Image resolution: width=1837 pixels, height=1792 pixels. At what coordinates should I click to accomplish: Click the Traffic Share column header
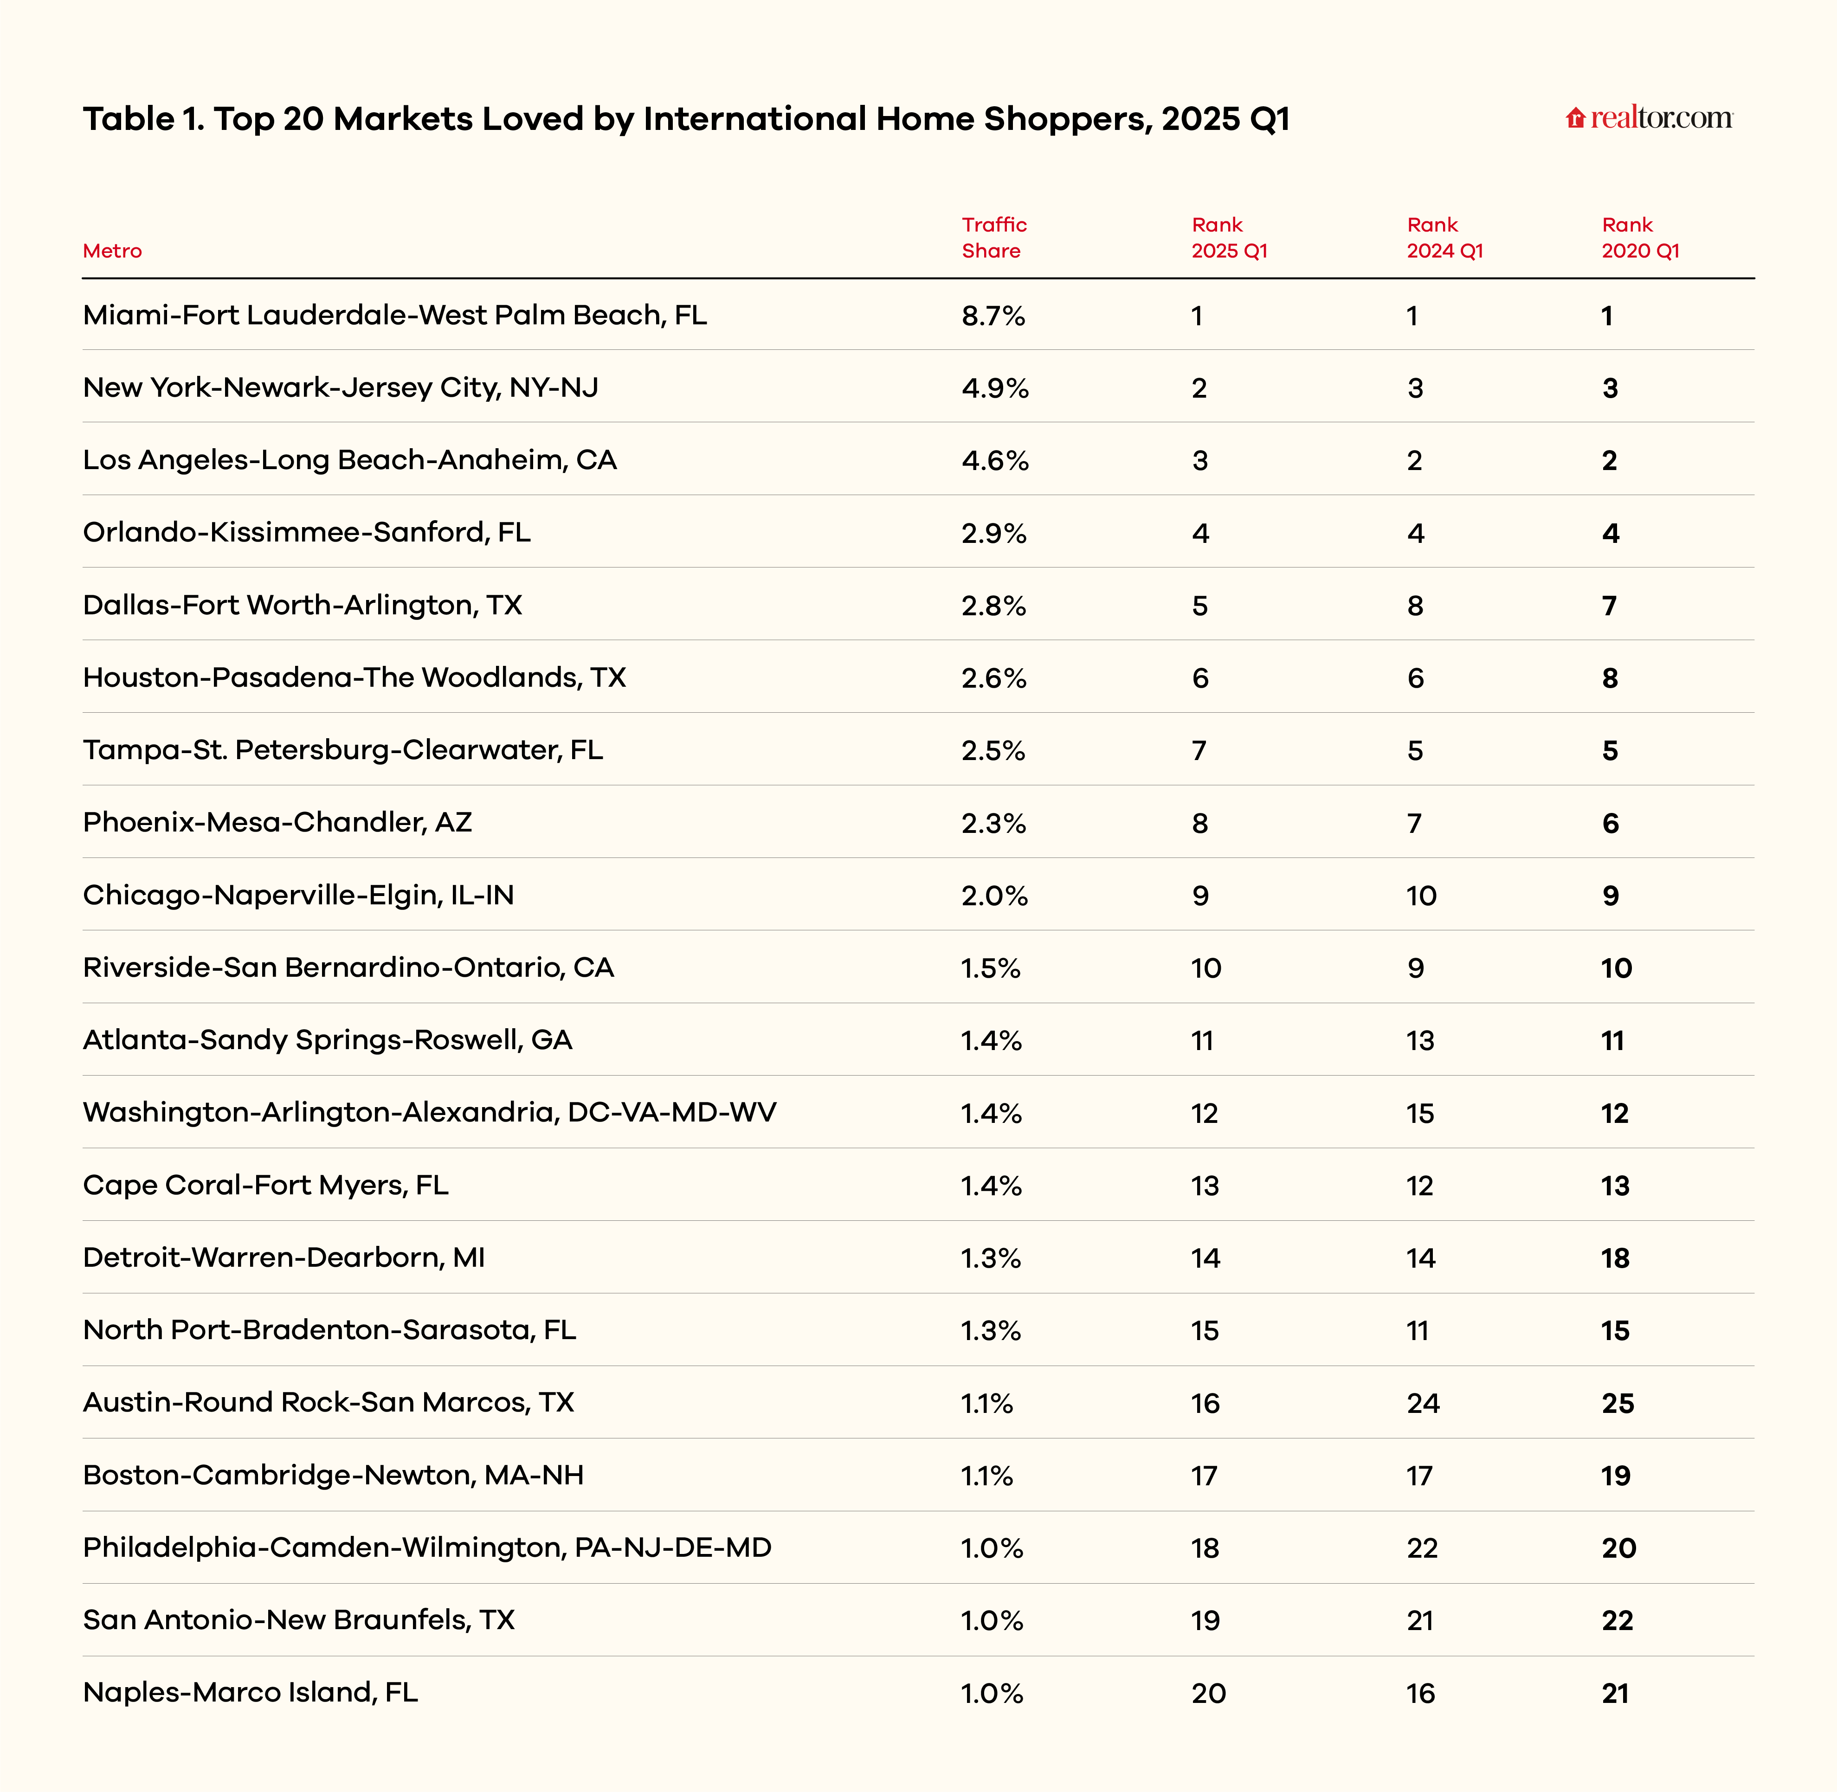(x=994, y=237)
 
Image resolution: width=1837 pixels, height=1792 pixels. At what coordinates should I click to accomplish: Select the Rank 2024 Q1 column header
(x=1444, y=237)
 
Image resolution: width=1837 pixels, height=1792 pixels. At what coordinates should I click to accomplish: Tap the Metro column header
(x=112, y=251)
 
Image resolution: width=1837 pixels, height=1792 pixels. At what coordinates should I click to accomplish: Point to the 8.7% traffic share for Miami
(x=993, y=316)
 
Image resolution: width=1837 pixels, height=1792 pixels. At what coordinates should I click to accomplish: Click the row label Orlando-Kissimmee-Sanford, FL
(x=307, y=533)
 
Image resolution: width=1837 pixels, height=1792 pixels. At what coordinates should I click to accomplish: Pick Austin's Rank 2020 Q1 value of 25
(x=1618, y=1403)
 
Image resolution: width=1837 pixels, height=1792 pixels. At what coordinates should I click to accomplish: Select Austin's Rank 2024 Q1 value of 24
(x=1423, y=1403)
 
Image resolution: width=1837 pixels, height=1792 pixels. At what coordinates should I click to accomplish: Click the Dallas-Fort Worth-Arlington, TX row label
(x=302, y=605)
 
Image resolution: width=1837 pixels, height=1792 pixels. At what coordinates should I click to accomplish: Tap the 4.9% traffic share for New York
(x=995, y=388)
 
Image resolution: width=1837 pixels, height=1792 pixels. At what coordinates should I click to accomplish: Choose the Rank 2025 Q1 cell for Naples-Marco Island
(x=1208, y=1693)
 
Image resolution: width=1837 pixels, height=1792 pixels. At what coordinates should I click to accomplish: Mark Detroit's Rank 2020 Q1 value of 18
(x=1615, y=1258)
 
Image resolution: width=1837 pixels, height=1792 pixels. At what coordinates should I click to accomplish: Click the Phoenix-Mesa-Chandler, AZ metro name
(x=277, y=823)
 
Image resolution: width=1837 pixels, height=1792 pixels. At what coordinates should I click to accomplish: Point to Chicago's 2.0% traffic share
(x=994, y=895)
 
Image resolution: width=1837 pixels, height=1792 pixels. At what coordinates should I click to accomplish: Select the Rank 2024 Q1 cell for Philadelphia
(x=1422, y=1548)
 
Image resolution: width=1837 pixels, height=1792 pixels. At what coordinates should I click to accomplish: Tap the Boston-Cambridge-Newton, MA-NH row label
(x=333, y=1475)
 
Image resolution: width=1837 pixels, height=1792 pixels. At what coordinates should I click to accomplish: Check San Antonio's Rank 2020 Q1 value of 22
(x=1617, y=1621)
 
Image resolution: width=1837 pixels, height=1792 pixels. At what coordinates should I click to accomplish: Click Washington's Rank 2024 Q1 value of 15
(x=1420, y=1114)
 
